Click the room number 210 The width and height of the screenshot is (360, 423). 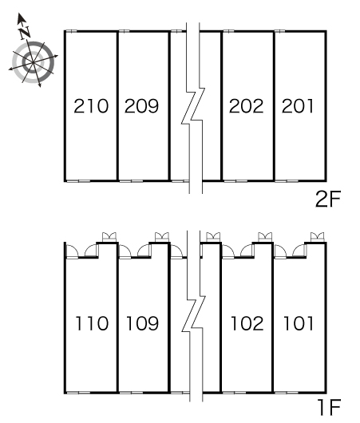tap(91, 105)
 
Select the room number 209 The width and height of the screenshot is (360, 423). tap(141, 105)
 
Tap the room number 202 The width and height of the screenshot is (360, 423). tap(246, 105)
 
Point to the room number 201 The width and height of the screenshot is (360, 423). tap(298, 105)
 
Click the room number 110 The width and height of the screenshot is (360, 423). tap(93, 323)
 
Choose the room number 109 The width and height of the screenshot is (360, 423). tap(143, 323)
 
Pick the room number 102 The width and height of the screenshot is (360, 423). tap(247, 323)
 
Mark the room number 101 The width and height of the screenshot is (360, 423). tap(299, 323)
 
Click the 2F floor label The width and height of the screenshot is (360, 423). tap(328, 199)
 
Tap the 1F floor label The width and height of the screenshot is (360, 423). tap(330, 407)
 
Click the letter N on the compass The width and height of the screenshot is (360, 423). tap(25, 33)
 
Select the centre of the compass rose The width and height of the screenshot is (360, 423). tap(33, 62)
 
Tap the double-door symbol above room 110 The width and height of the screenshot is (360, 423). tap(109, 237)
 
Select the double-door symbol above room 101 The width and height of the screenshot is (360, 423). tap(318, 237)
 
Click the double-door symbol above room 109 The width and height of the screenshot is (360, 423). tap(162, 237)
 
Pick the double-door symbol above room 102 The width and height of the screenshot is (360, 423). tap(265, 237)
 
